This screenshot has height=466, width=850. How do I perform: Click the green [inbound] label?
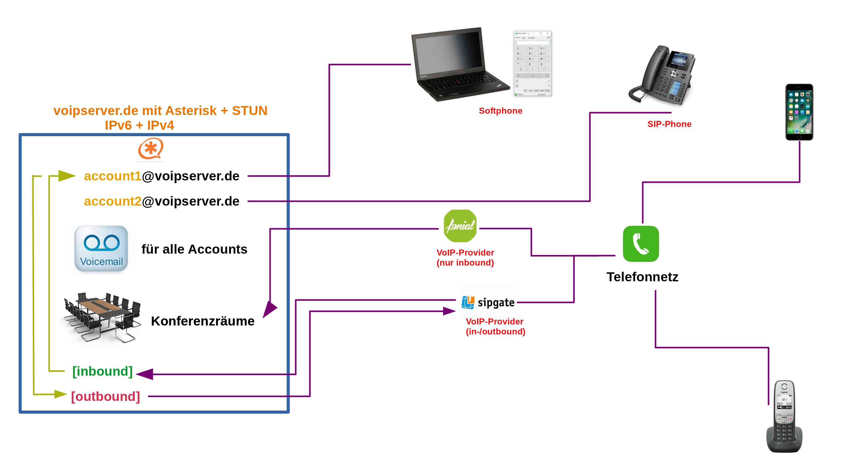coord(102,371)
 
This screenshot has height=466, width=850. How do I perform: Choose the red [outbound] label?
coord(106,396)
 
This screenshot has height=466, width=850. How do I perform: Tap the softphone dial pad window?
coord(532,63)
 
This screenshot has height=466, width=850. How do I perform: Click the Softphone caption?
coord(500,111)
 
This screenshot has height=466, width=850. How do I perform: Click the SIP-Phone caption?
coord(669,124)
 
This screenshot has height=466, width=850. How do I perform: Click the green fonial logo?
coord(460,226)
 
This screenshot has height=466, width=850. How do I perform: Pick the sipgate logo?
coord(488,302)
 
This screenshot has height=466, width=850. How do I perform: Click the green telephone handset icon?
coord(640,244)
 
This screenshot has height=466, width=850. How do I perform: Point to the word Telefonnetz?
coord(642,277)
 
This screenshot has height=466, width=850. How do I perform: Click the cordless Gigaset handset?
coord(784,416)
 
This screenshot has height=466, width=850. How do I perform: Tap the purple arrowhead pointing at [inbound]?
coord(145,374)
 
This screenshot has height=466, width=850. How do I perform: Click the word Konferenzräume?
coord(202,321)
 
